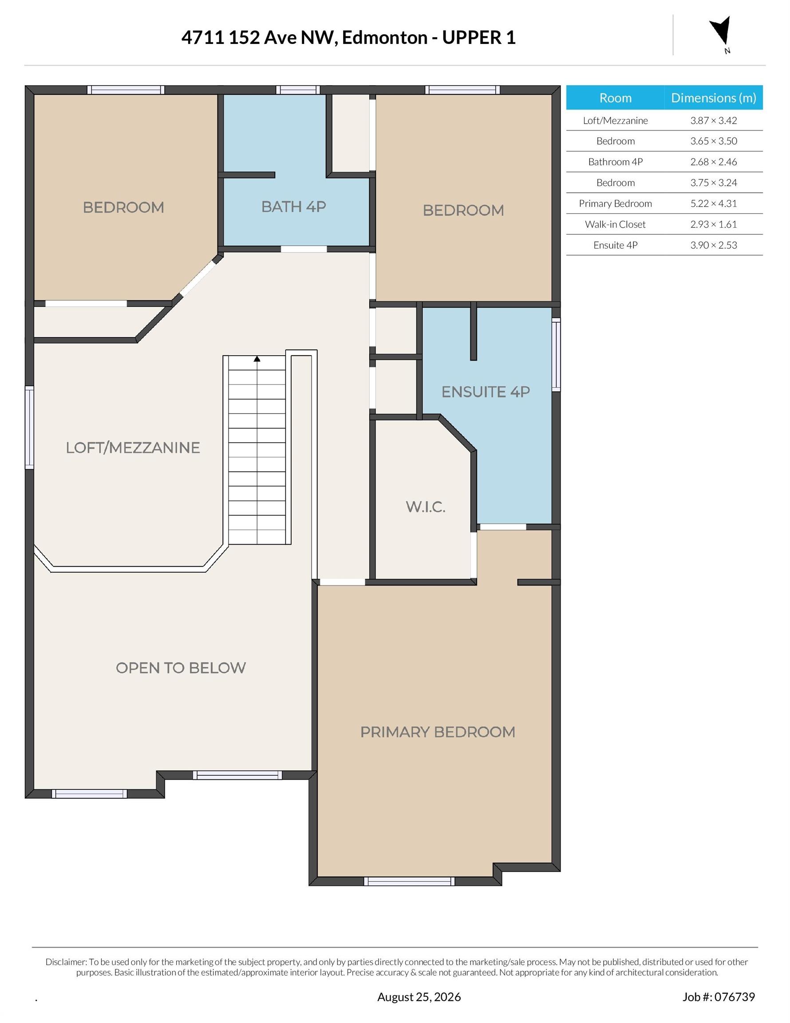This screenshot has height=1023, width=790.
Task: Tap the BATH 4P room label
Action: click(x=294, y=206)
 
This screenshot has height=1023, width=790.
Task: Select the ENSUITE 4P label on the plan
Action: click(x=486, y=392)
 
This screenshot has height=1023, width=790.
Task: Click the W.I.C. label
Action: click(x=425, y=506)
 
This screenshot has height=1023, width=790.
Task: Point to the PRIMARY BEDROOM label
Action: click(x=437, y=732)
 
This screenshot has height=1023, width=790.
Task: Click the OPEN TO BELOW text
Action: click(x=181, y=667)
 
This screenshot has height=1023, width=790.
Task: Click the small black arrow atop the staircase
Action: click(x=257, y=359)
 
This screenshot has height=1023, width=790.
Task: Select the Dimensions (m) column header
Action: click(x=713, y=97)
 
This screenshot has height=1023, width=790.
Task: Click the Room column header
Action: click(x=615, y=97)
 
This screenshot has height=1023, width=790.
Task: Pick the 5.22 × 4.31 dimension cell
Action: click(x=713, y=203)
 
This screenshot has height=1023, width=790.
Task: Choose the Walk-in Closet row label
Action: click(x=615, y=224)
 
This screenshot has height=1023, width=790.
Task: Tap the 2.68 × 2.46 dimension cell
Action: click(x=713, y=162)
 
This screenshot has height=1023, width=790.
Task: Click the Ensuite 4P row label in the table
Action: click(x=615, y=245)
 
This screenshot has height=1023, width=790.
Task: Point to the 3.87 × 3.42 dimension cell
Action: click(x=713, y=120)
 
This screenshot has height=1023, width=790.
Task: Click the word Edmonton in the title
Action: click(x=384, y=37)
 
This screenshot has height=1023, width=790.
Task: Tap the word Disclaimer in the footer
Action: click(x=66, y=958)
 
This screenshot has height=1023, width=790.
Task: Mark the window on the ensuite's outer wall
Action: click(x=556, y=355)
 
